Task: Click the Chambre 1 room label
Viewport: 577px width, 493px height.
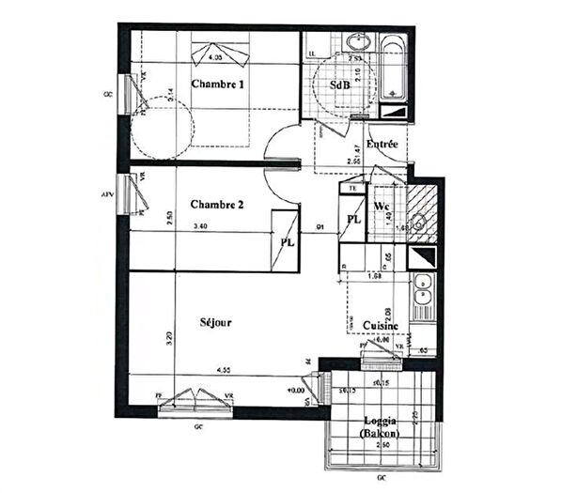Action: pos(218,85)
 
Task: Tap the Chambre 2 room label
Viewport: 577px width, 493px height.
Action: pos(217,204)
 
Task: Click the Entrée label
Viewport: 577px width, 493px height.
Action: pos(382,145)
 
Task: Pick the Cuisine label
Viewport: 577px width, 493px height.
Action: pos(382,326)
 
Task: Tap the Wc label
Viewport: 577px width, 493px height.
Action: pos(382,207)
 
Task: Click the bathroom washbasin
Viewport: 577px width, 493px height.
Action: pos(357,43)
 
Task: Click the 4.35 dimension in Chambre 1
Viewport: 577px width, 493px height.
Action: pos(215,58)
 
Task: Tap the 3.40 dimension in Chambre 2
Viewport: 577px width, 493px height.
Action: pos(200,226)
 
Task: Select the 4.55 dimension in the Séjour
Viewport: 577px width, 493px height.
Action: pos(224,370)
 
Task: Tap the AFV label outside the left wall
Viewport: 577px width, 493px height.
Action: pos(107,195)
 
